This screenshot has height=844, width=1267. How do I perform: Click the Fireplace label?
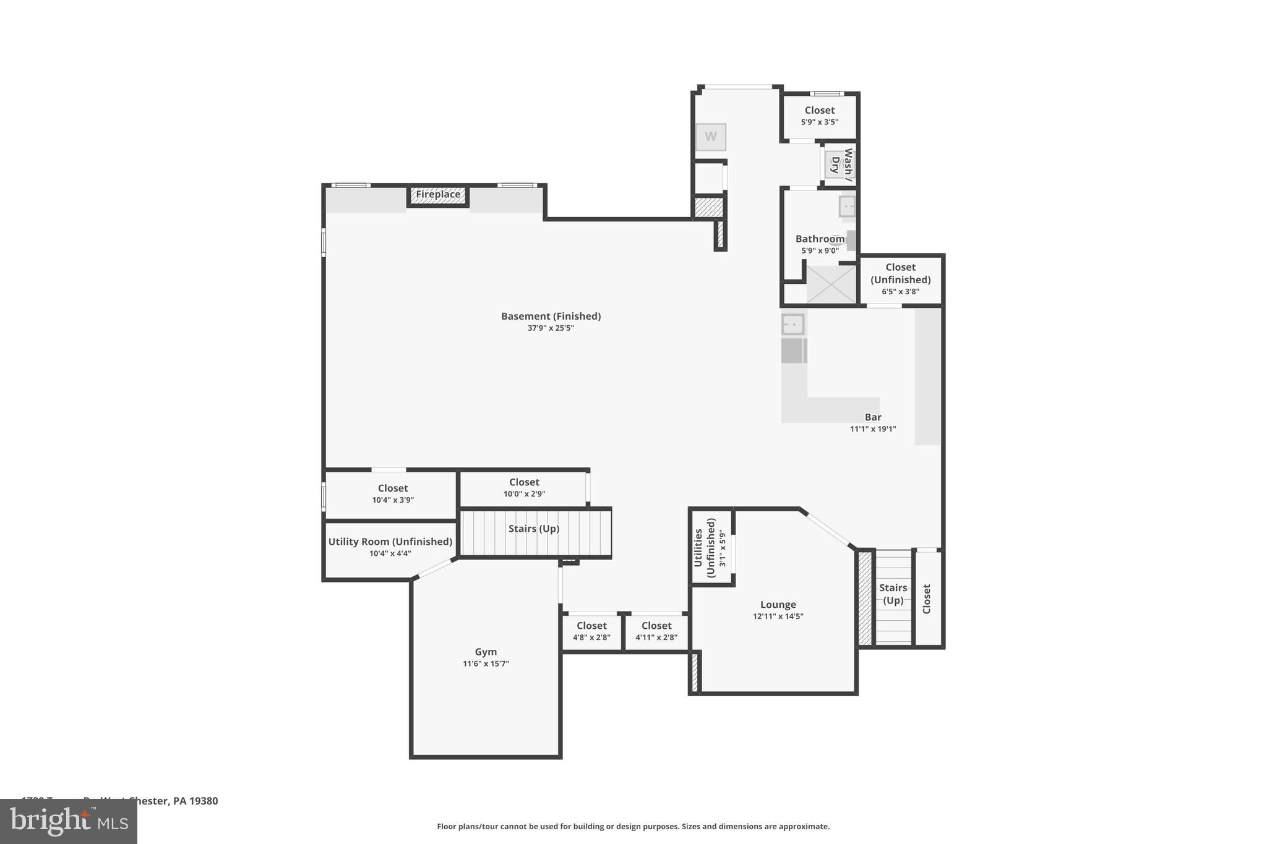(x=438, y=195)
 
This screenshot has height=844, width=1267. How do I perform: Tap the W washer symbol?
(x=710, y=137)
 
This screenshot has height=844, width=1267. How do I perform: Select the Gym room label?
(x=486, y=652)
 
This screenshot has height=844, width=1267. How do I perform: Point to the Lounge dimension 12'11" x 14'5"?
(x=778, y=616)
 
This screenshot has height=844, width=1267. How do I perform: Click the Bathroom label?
(x=820, y=239)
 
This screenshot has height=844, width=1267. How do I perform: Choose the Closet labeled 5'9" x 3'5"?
(x=819, y=116)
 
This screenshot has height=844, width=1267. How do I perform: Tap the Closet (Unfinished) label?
(x=900, y=273)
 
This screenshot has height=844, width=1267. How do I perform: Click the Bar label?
(x=873, y=417)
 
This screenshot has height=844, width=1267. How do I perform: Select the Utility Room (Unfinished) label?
(x=390, y=542)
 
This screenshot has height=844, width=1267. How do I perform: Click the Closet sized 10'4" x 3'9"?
(x=393, y=493)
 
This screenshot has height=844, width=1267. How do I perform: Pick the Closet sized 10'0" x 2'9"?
(x=524, y=487)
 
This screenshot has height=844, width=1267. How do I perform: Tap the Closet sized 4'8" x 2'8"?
(x=591, y=631)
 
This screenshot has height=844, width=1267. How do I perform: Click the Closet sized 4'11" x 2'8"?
(x=656, y=631)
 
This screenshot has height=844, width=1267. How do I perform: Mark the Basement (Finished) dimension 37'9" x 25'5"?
(x=551, y=328)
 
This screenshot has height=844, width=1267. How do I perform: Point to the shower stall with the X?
(x=831, y=284)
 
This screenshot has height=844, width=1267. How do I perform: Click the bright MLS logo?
(x=69, y=821)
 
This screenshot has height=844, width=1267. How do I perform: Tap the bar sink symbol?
(x=792, y=324)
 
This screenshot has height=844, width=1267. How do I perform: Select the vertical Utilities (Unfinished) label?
(x=704, y=547)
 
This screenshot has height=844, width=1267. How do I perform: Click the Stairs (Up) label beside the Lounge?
(x=893, y=594)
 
